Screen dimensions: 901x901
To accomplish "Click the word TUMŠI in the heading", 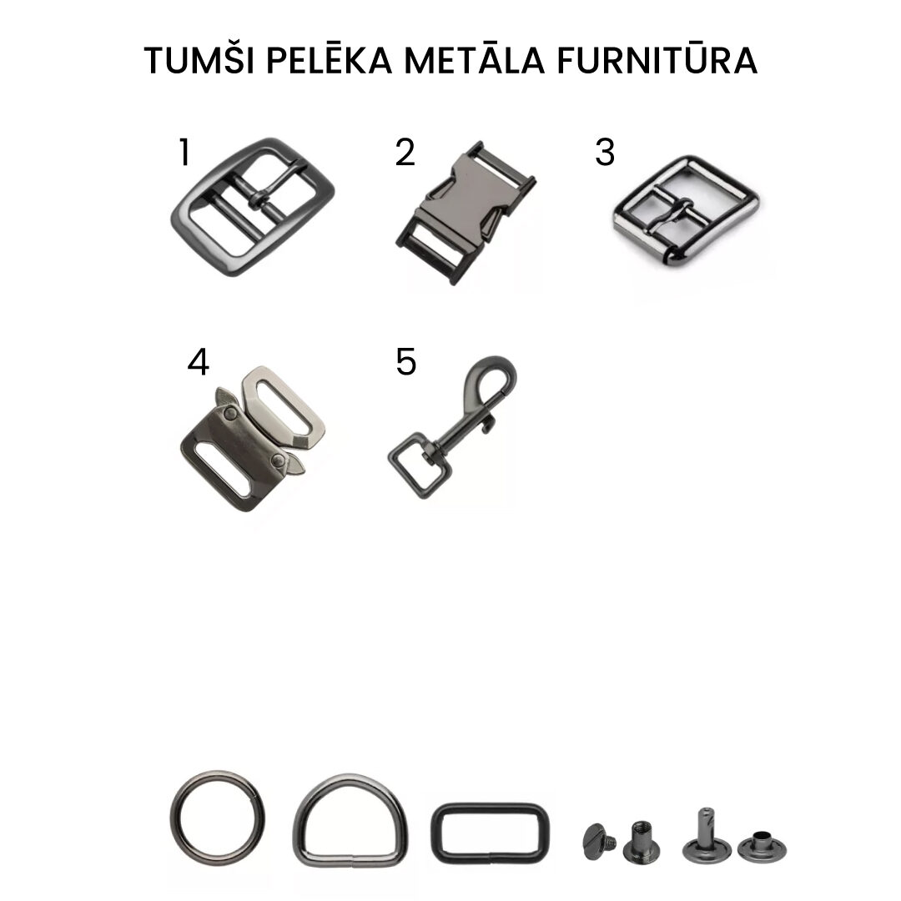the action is click(199, 60).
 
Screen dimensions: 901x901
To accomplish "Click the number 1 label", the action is click(184, 153).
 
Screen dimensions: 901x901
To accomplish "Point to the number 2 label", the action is click(405, 153).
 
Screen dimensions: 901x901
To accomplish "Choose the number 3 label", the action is click(605, 153).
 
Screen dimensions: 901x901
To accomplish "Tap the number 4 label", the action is click(199, 363).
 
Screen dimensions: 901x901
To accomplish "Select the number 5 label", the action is click(406, 362).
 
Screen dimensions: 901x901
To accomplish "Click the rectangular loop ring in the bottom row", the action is click(491, 807).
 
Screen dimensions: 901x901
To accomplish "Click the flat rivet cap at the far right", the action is click(762, 848).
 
